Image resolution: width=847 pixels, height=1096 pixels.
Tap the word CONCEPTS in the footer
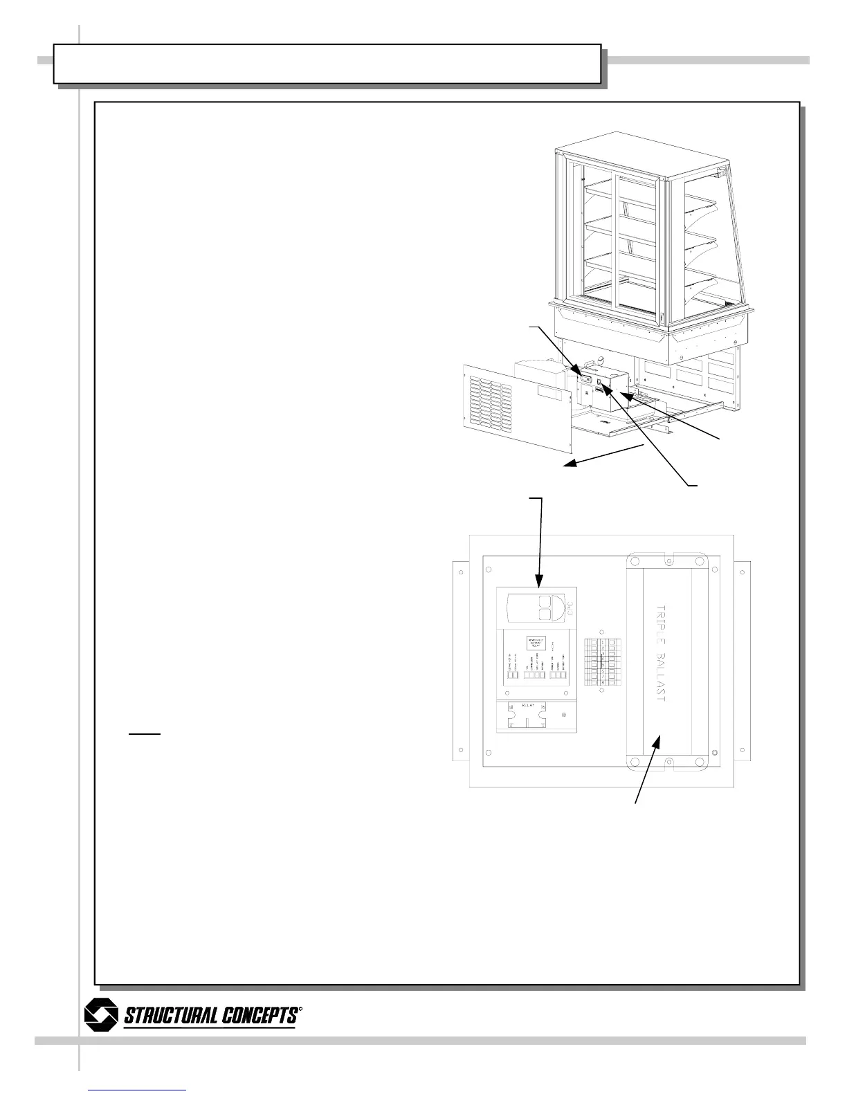pos(259,1016)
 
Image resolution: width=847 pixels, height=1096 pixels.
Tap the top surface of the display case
pos(633,158)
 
